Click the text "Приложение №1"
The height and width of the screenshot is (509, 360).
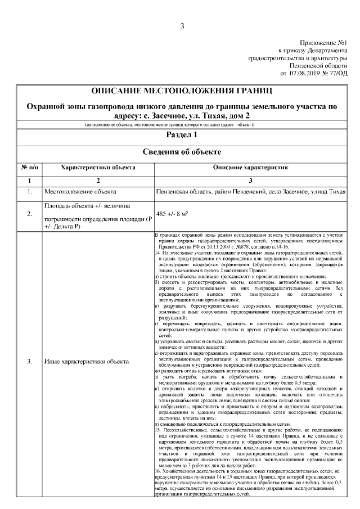point(324,43)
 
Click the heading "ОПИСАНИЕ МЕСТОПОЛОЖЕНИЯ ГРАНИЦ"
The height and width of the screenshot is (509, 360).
point(182,91)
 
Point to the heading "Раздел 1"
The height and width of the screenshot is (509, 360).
point(182,136)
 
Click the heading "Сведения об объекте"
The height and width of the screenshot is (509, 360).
point(182,152)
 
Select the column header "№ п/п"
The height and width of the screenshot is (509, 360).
point(29,168)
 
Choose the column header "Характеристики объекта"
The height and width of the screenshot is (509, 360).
point(98,168)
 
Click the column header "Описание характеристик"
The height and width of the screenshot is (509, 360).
point(250,168)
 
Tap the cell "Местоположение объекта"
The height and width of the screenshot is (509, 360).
point(74,192)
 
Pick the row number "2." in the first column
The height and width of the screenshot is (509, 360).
point(29,214)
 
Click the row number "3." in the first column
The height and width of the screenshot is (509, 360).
point(29,361)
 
